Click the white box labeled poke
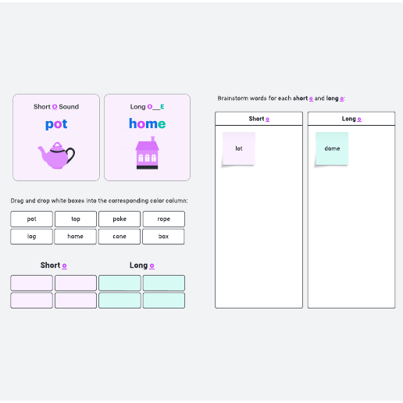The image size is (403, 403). (119, 219)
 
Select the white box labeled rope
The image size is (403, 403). (164, 219)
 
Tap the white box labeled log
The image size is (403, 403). (31, 237)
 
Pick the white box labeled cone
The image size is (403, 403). (119, 237)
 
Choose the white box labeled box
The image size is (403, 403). (163, 237)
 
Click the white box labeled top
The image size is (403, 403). (76, 219)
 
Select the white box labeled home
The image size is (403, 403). (75, 237)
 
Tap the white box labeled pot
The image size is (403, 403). (31, 219)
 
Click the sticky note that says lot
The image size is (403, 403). (239, 148)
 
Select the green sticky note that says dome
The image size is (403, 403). (332, 148)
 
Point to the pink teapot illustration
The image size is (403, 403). (56, 155)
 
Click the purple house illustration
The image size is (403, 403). (148, 153)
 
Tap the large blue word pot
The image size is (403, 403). (56, 124)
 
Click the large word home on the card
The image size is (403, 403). (148, 123)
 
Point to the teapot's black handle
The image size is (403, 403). (71, 155)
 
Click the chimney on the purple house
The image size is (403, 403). (153, 139)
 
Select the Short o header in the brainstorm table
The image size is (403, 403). (259, 119)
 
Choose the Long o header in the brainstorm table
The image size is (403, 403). (351, 119)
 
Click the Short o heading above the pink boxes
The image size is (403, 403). (54, 266)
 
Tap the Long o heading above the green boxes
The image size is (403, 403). (142, 266)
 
